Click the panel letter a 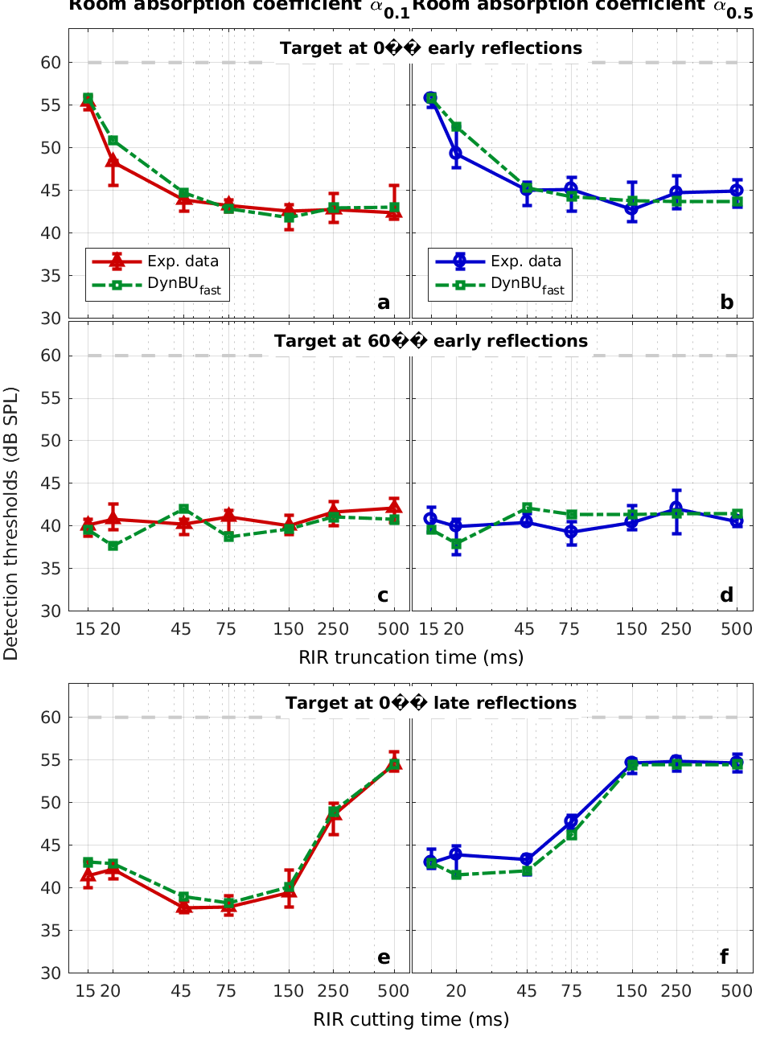click(384, 302)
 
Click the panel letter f click(725, 957)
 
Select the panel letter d click(726, 594)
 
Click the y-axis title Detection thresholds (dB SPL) click(11, 523)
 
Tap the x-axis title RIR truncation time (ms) click(411, 657)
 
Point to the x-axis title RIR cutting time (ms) click(411, 1019)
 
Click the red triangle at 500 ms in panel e click(394, 765)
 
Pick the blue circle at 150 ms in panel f click(632, 763)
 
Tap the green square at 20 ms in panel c click(113, 546)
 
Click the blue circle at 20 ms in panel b click(456, 153)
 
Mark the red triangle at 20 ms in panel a click(113, 163)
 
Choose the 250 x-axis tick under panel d click(676, 628)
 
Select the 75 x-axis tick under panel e click(228, 990)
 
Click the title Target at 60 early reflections click(431, 341)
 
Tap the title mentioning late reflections click(431, 703)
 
